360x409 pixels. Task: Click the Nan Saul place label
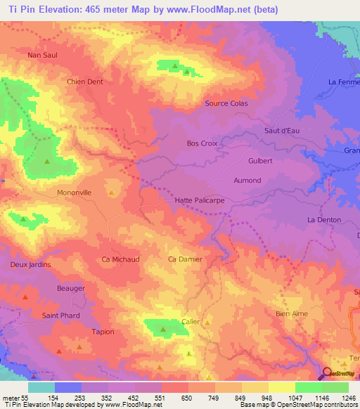coord(41,55)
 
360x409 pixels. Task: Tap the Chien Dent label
coord(84,82)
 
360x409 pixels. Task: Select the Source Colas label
coord(226,103)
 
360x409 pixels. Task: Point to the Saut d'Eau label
coord(282,131)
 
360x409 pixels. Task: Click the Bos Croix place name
coord(202,143)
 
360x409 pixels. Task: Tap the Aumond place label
coord(247,181)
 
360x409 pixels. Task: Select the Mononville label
coord(75,191)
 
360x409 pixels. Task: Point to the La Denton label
coord(324,220)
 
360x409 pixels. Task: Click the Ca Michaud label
coord(121,259)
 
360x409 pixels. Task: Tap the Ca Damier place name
coord(186,259)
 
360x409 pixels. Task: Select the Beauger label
coord(70,289)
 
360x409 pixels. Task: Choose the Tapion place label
coord(103,332)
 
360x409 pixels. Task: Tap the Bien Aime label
coord(292,314)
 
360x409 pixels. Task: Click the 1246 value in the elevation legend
coord(349,398)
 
